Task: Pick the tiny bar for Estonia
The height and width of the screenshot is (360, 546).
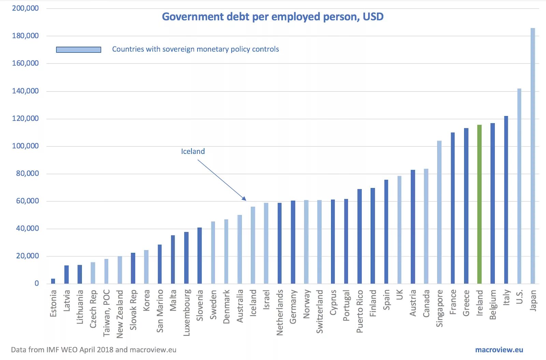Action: tap(53, 281)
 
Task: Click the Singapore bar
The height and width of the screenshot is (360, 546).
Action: tap(439, 212)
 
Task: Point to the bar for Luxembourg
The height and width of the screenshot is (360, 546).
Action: tap(186, 258)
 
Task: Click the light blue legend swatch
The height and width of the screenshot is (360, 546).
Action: tap(78, 50)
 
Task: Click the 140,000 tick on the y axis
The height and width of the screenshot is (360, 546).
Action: tap(25, 91)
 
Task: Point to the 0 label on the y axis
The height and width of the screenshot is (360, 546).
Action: tap(37, 284)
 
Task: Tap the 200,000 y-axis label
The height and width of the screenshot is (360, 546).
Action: tap(25, 8)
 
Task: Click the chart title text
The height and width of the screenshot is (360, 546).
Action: tap(272, 17)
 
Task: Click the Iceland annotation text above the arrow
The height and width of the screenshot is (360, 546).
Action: tap(193, 152)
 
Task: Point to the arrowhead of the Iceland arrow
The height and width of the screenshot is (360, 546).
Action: tap(244, 199)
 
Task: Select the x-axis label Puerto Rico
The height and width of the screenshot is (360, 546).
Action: tap(360, 311)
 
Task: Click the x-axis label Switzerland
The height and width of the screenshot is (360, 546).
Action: tap(319, 311)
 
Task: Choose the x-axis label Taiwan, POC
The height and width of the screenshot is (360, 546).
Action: tap(106, 313)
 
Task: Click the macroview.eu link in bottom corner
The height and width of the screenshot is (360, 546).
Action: tap(499, 350)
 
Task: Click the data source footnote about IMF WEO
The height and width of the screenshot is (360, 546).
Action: tap(94, 350)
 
